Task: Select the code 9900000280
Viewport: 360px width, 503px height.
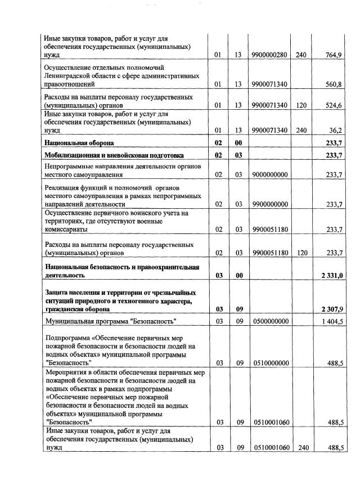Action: pyautogui.click(x=270, y=55)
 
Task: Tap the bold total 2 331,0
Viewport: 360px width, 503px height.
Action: pyautogui.click(x=332, y=275)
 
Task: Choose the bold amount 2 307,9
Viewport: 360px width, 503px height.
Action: pyautogui.click(x=332, y=309)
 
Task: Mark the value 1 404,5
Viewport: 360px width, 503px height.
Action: pyautogui.click(x=332, y=321)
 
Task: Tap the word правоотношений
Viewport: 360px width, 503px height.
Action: pyautogui.click(x=70, y=84)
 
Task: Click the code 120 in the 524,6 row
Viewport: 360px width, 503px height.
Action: pyautogui.click(x=301, y=105)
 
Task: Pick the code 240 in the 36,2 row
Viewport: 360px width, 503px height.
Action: pyautogui.click(x=301, y=131)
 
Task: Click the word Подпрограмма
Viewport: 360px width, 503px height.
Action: pyautogui.click(x=67, y=338)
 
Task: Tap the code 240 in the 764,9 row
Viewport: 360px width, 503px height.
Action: pyautogui.click(x=301, y=55)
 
